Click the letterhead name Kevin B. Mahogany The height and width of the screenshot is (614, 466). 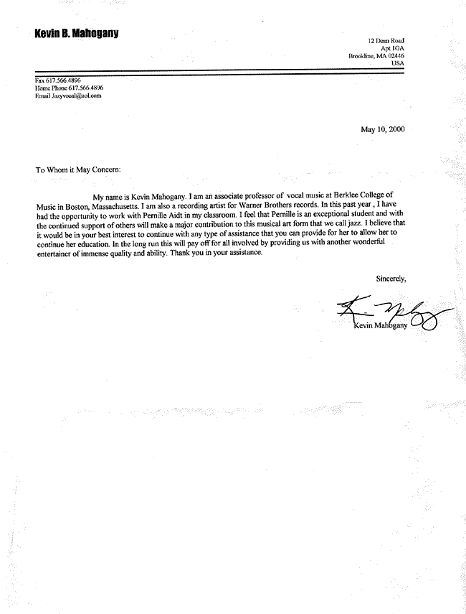tap(76, 34)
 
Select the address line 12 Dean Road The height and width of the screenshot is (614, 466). tap(386, 41)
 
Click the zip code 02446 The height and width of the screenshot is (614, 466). tap(394, 56)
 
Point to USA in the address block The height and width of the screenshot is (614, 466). tap(398, 63)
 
